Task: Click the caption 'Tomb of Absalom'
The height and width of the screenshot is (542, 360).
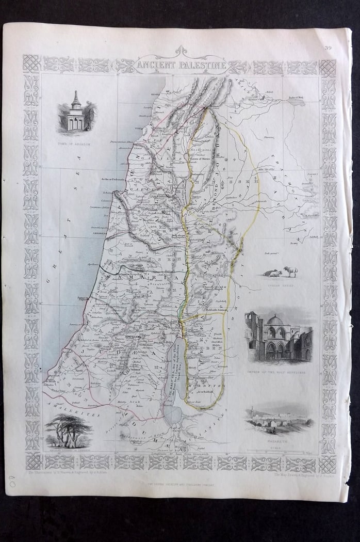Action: pos(75,144)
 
